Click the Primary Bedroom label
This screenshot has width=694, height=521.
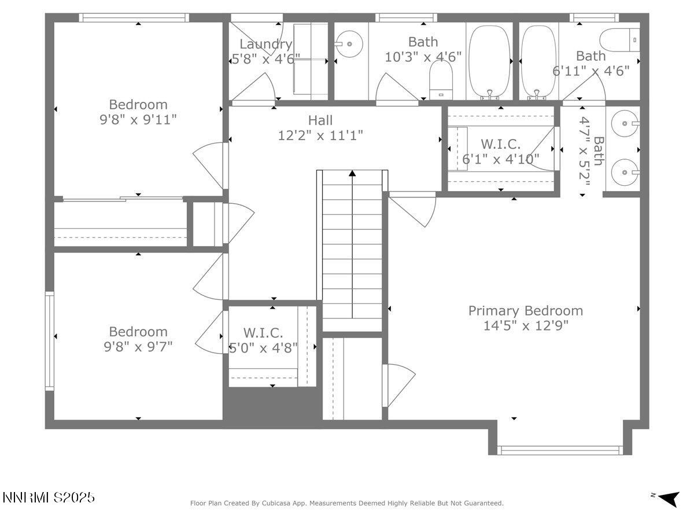tap(525, 311)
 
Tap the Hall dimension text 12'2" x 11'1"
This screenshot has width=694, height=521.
tap(320, 135)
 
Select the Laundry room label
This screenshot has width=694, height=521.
tap(265, 44)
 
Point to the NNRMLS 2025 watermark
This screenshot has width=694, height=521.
tap(49, 498)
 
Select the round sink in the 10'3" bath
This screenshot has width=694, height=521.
tap(349, 44)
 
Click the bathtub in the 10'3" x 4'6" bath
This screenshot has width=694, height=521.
tap(489, 61)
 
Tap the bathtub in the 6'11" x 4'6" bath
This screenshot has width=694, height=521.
tap(538, 61)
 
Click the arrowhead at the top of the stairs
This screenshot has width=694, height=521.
tap(352, 173)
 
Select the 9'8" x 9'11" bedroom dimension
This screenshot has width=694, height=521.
tap(138, 119)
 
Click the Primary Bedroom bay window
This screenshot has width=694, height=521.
tap(560, 450)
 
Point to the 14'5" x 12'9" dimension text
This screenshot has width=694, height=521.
tap(526, 326)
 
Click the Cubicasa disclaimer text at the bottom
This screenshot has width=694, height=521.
tap(347, 504)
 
